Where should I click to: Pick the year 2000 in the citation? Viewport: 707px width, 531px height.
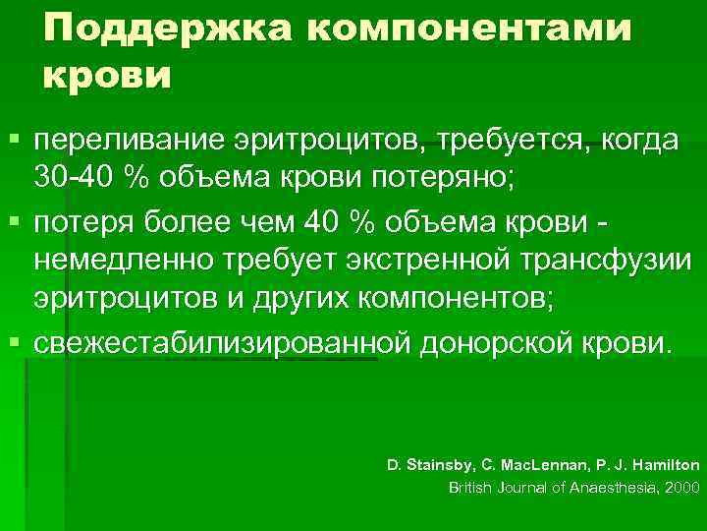679,487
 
